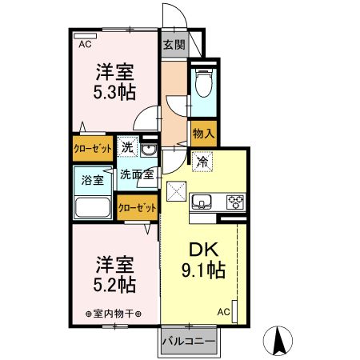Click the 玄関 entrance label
click(x=174, y=45)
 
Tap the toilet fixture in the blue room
click(x=202, y=82)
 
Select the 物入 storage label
click(x=203, y=133)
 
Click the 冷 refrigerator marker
click(x=202, y=161)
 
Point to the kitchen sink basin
click(x=202, y=200)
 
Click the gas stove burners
click(x=235, y=201)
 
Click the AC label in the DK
click(x=225, y=311)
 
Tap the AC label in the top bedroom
click(x=84, y=46)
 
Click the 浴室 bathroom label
click(x=93, y=180)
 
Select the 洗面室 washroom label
click(x=136, y=174)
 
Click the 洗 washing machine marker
click(x=126, y=148)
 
